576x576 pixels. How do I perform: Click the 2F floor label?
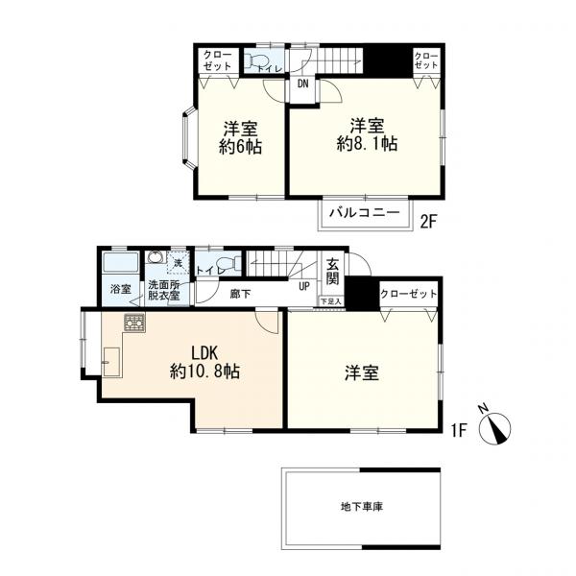(428, 222)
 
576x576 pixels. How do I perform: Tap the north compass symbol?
(500, 427)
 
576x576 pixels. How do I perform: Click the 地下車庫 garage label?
(361, 506)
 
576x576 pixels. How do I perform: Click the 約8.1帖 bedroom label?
(367, 135)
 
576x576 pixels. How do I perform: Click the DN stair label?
(303, 84)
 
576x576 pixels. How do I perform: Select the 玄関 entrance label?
(332, 272)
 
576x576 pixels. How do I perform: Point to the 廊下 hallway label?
(241, 294)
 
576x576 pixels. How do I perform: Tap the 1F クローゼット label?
(408, 293)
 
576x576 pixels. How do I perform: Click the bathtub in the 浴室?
(120, 264)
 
